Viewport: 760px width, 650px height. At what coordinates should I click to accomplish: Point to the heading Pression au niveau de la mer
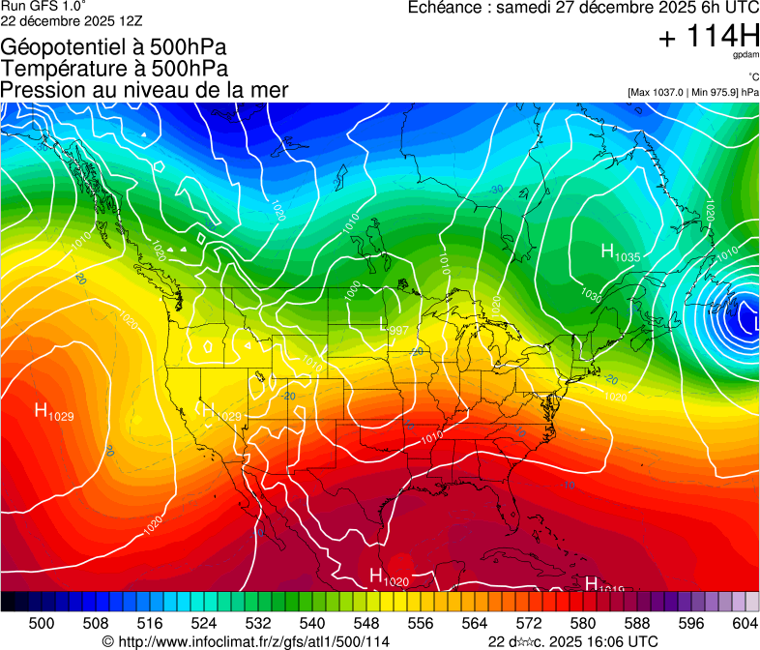(x=144, y=89)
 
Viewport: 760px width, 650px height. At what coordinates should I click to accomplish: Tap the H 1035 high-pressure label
(x=620, y=253)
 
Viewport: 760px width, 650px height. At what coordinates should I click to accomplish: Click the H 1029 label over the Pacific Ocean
(x=54, y=411)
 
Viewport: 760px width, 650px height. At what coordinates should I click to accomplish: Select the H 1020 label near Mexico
(x=389, y=577)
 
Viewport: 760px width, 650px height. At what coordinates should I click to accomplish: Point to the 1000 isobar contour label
(x=353, y=291)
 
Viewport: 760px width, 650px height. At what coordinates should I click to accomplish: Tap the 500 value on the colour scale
(x=42, y=622)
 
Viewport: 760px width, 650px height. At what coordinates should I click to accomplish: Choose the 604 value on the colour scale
(x=745, y=622)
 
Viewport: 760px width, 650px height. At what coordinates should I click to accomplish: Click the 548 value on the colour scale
(x=343, y=622)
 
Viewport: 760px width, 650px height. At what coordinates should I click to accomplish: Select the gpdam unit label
(x=745, y=57)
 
